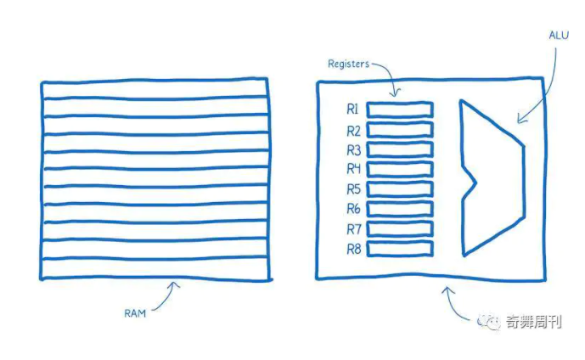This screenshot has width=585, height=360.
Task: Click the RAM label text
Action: (x=135, y=312)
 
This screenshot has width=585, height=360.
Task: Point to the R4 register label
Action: (x=353, y=169)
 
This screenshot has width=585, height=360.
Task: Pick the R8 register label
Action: (x=353, y=249)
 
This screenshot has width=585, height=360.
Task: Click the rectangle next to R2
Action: (x=400, y=130)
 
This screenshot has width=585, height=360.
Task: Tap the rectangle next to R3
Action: (x=400, y=149)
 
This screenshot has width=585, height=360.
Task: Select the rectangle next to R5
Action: (x=400, y=188)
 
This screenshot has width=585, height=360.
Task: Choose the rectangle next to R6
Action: (x=400, y=209)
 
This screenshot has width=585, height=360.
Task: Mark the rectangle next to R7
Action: (x=400, y=228)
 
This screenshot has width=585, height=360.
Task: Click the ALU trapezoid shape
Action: (x=488, y=178)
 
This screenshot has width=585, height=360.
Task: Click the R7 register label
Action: (x=353, y=229)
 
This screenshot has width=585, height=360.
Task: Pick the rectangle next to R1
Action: (x=400, y=110)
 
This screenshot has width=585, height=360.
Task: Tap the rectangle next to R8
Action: (x=400, y=248)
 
